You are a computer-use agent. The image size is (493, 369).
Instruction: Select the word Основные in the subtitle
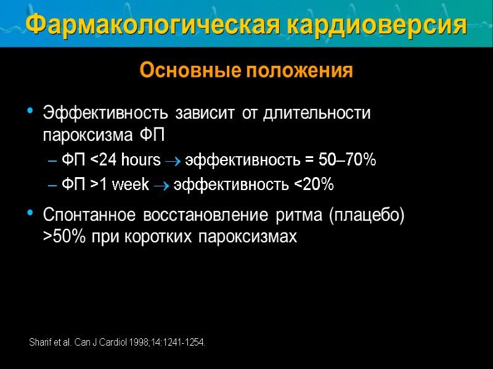[x=190, y=71]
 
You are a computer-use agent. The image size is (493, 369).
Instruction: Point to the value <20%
[x=312, y=184]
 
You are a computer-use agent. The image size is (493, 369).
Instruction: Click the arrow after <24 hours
[x=174, y=161]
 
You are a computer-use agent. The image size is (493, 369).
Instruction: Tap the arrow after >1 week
[x=161, y=185]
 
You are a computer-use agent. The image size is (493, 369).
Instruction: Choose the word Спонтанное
[x=90, y=216]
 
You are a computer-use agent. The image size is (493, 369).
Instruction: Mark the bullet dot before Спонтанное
[x=31, y=213]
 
